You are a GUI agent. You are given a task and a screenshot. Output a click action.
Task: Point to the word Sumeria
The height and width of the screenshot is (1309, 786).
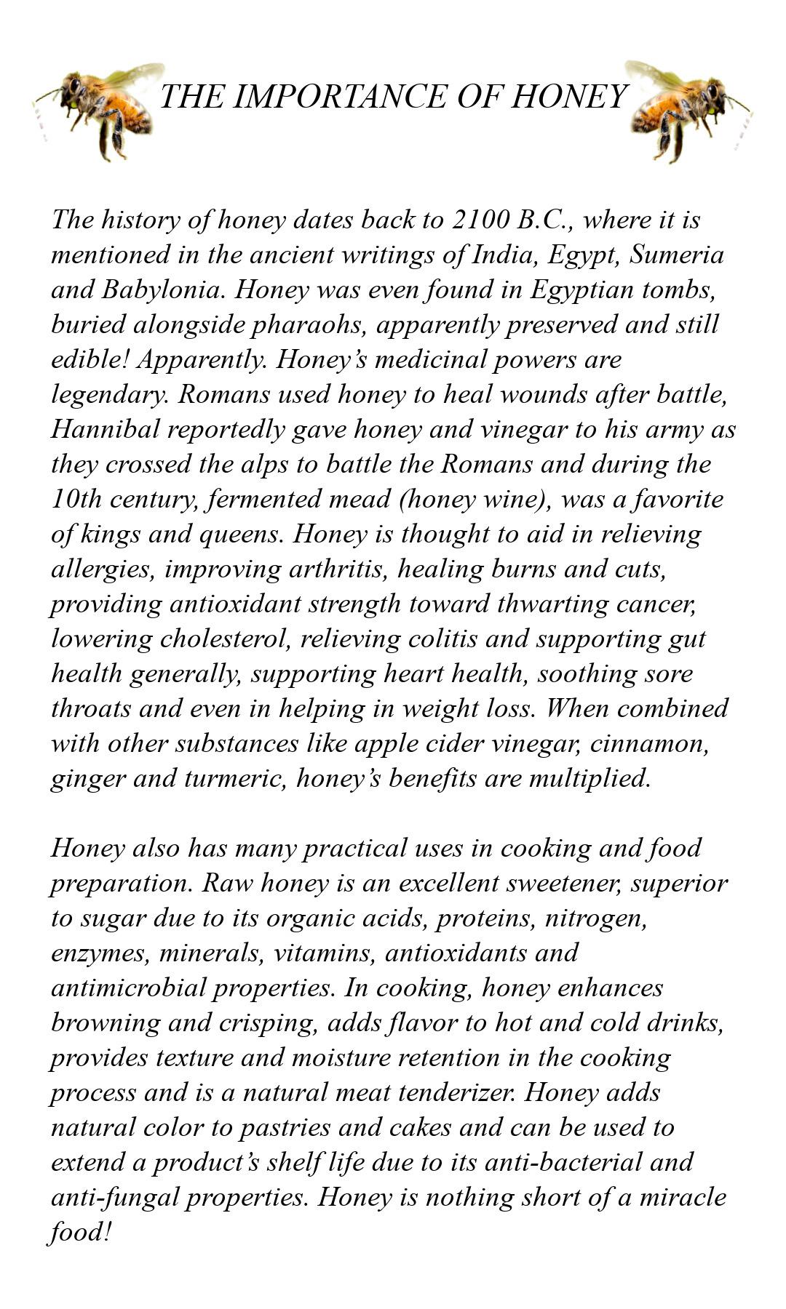pyautogui.click(x=677, y=255)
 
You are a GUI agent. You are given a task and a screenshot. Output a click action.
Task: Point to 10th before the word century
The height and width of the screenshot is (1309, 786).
pyautogui.click(x=76, y=499)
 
